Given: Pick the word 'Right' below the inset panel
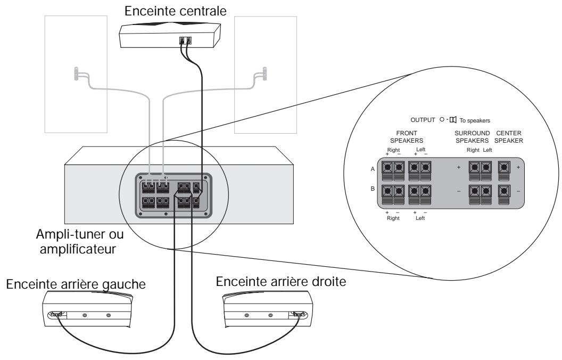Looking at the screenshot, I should [x=392, y=218].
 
